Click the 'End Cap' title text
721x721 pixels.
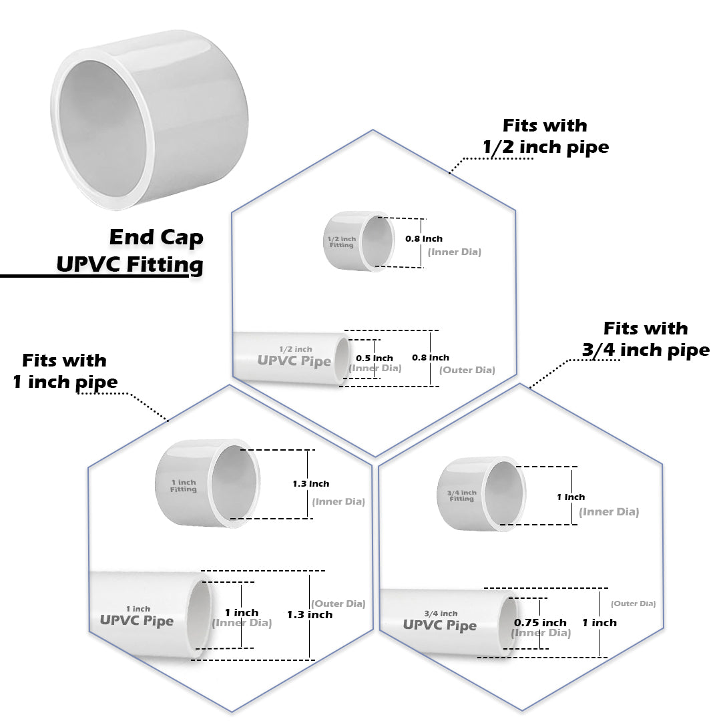click(156, 237)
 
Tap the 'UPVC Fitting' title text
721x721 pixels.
click(130, 264)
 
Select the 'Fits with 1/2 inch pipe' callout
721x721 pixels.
click(546, 136)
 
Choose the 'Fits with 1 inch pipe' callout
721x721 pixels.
click(65, 371)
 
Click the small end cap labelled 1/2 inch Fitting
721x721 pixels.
click(359, 241)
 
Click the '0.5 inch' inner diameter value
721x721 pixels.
click(374, 358)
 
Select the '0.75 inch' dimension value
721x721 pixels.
click(540, 622)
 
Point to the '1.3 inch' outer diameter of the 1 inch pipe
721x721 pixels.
click(309, 614)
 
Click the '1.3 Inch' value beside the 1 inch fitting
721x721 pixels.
click(310, 483)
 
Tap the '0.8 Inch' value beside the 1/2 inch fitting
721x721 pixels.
click(424, 238)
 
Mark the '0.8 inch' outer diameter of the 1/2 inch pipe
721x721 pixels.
click(431, 357)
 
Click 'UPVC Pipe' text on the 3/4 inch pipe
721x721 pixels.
click(439, 626)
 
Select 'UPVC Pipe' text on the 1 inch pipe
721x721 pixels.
click(136, 620)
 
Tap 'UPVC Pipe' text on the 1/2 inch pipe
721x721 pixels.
click(294, 360)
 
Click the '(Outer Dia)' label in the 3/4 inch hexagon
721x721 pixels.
click(633, 603)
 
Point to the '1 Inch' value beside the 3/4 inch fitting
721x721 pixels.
click(571, 497)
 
